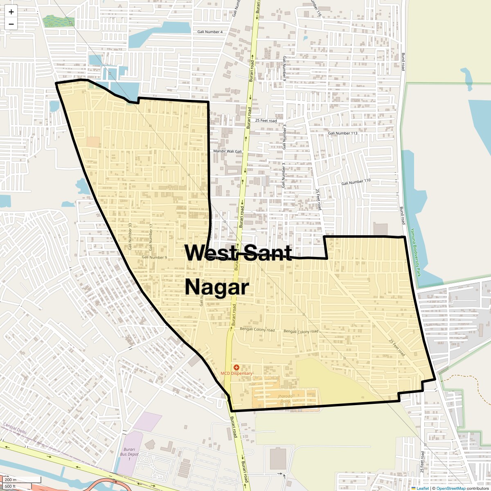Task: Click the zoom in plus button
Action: point(11,12)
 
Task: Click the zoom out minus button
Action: point(11,24)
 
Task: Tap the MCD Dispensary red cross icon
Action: point(236,367)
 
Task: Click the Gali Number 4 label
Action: point(210,32)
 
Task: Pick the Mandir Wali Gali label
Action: point(228,151)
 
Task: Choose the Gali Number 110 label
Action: point(356,181)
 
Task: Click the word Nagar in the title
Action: point(216,287)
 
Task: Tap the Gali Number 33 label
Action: point(131,236)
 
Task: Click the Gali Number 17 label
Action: point(151,237)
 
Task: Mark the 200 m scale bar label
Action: point(11,480)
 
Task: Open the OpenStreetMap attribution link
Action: point(450,488)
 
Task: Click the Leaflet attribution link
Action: point(422,488)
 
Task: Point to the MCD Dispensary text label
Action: point(236,374)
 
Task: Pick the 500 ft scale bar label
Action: point(11,486)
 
